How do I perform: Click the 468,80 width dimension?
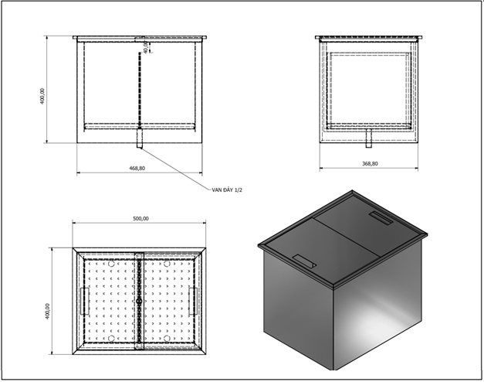coord(137,169)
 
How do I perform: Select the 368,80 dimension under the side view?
coord(370,164)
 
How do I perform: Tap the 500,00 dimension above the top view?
coord(140,218)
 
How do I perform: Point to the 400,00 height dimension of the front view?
coord(42,96)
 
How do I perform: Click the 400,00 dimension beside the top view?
coord(48,311)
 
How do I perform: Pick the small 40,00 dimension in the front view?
coord(146,48)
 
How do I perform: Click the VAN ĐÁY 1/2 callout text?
coord(227,190)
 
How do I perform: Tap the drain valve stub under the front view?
coord(140,138)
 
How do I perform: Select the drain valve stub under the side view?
coord(368,138)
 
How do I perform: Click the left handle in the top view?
coord(85,302)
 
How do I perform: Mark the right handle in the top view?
coord(193,302)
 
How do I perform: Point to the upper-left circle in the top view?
coord(111,264)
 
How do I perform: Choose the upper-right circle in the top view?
coord(167,264)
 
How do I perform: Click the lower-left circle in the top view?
coord(111,339)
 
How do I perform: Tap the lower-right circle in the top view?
coord(167,339)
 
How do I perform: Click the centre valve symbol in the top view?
coord(139,301)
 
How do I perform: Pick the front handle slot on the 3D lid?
coord(305,261)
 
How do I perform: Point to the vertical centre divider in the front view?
coord(140,90)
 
